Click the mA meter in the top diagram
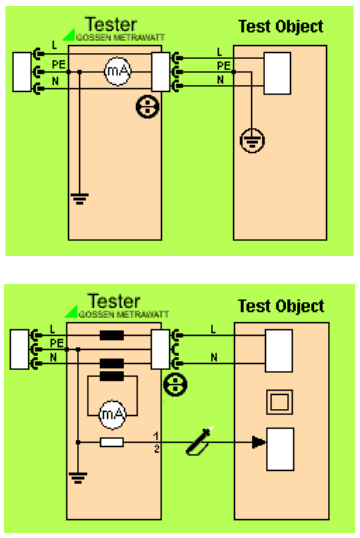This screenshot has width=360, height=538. [x=117, y=71]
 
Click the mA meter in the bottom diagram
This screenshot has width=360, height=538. [x=113, y=414]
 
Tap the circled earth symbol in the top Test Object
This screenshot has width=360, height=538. [x=252, y=140]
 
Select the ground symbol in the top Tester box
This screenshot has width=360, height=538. [x=80, y=198]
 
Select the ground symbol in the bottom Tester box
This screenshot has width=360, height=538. [x=78, y=477]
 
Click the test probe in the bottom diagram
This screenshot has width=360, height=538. [x=200, y=442]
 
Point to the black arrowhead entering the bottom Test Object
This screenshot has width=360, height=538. [x=259, y=442]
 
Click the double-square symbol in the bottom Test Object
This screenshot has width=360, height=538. [x=280, y=402]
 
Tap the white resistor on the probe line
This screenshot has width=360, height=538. [x=112, y=442]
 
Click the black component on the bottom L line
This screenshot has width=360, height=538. [x=112, y=335]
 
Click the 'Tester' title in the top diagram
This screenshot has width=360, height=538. [x=111, y=25]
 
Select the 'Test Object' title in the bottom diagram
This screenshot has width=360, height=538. [x=281, y=306]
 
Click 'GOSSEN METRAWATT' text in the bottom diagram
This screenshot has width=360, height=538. [x=124, y=314]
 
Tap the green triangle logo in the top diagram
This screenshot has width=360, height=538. [x=69, y=35]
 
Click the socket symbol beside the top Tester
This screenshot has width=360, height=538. [x=148, y=107]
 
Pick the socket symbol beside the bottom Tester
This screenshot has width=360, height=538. [x=175, y=384]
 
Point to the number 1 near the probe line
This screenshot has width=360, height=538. [x=156, y=436]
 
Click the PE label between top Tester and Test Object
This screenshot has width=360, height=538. [x=224, y=66]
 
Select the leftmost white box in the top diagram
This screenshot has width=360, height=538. [x=22, y=72]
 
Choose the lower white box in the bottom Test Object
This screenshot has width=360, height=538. [x=280, y=449]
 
